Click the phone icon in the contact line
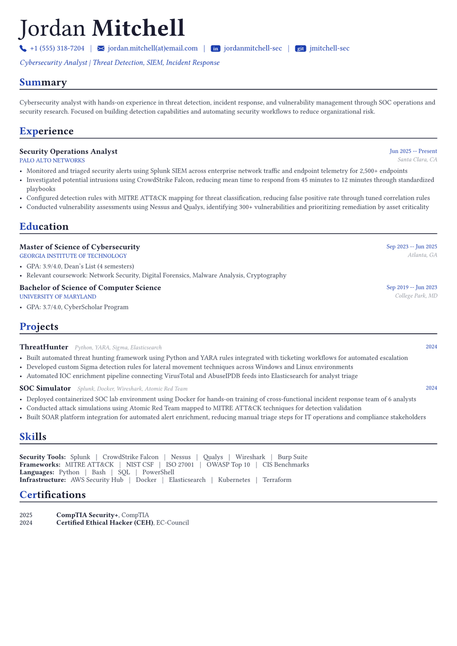pyautogui.click(x=23, y=49)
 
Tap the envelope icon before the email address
pyautogui.click(x=101, y=49)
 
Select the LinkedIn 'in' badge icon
pyautogui.click(x=216, y=49)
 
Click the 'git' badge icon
pyautogui.click(x=300, y=49)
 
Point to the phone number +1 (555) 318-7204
pyautogui.click(x=57, y=49)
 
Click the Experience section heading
pyautogui.click(x=47, y=131)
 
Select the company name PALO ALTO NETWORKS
pyautogui.click(x=52, y=161)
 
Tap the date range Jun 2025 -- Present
pyautogui.click(x=413, y=151)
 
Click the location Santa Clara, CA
pyautogui.click(x=417, y=160)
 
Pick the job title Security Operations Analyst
pyautogui.click(x=69, y=151)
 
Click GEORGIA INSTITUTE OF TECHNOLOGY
pyautogui.click(x=73, y=256)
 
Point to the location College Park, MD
pyautogui.click(x=416, y=296)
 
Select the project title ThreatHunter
pyautogui.click(x=44, y=347)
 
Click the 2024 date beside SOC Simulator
pyautogui.click(x=431, y=388)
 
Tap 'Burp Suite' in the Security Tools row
pyautogui.click(x=292, y=457)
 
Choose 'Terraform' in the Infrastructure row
pyautogui.click(x=277, y=480)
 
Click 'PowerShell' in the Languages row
pyautogui.click(x=158, y=472)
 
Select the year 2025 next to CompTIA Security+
pyautogui.click(x=26, y=515)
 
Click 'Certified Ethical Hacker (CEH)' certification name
pyautogui.click(x=105, y=523)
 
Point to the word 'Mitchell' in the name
pyautogui.click(x=138, y=29)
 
